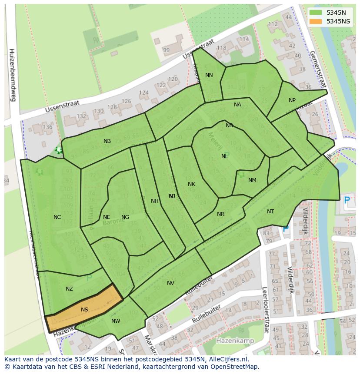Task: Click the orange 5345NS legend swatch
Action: [x=316, y=21]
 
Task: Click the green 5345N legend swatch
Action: [x=316, y=13]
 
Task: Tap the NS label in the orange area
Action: [x=84, y=310]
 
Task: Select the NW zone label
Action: [x=116, y=321]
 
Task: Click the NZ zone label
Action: [x=69, y=289]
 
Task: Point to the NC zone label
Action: [x=57, y=217]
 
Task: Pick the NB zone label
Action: [x=107, y=141]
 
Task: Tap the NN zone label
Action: [x=209, y=75]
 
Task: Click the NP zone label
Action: [x=292, y=100]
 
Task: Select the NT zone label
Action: [x=270, y=212]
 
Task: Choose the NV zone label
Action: [x=170, y=283]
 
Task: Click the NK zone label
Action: [x=191, y=184]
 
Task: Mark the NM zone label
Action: [x=252, y=180]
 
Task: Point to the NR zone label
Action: [x=220, y=214]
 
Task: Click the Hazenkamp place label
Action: [x=235, y=341]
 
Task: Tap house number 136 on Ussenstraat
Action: [x=47, y=127]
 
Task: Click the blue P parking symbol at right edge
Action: [x=347, y=200]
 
